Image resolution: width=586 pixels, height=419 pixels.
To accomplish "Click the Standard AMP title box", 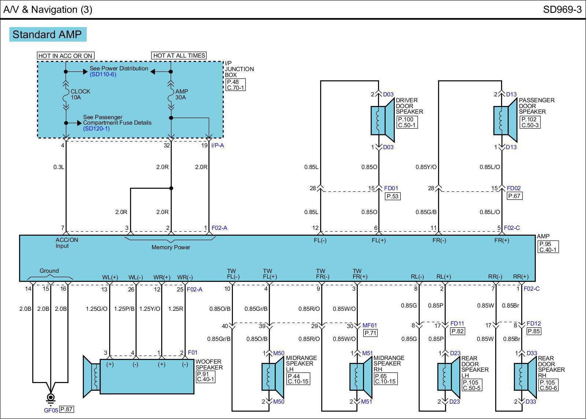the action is pos(48,34).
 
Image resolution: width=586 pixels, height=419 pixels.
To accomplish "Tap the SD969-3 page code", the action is pos(562,10).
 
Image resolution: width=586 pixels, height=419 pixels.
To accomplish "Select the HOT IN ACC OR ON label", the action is pos(66,56).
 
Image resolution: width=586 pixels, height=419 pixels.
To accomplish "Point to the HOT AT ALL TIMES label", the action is pos(179,55).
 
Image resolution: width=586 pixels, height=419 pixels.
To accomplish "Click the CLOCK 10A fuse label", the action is pos(80,95).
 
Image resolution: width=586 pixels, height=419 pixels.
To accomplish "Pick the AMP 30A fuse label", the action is pos(181,95).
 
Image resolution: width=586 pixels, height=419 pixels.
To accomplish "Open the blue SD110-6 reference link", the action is pos(103,74).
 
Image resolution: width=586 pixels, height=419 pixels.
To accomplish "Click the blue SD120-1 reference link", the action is pos(96,129).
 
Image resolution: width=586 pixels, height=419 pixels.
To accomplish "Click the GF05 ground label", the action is pos(51,410).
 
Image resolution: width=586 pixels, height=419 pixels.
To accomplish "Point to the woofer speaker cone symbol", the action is pos(91,376).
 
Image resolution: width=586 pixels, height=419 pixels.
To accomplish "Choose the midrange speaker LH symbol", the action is pos(273,376).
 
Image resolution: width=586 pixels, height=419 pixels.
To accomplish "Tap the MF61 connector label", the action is pos(370,325).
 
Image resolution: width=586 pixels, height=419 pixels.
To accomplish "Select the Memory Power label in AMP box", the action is pos(171,247).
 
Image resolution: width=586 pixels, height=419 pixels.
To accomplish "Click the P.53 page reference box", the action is pos(393,196).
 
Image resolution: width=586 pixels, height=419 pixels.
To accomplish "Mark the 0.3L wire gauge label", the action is pos(59,167).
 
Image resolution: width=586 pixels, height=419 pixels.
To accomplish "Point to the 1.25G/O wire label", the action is pos(97,309).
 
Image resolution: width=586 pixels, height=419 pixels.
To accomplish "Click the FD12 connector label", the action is pos(534,324).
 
